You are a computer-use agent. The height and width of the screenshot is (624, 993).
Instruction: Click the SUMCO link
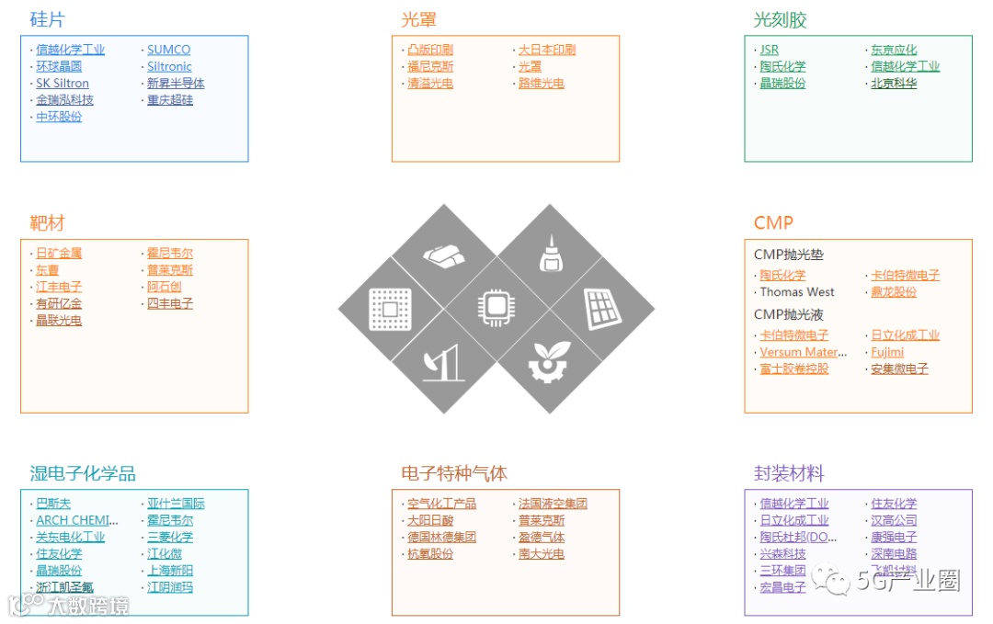168,50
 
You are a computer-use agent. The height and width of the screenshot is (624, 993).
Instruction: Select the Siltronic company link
169,66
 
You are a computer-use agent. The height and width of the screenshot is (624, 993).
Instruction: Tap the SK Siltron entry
63,83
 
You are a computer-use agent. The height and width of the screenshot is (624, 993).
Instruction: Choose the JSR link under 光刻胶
769,50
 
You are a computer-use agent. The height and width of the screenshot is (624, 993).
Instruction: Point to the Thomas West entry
796,291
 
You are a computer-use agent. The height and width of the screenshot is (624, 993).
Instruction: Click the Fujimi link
887,352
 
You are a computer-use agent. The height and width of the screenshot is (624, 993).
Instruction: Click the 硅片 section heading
47,19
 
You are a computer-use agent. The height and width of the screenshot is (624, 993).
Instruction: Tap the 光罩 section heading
418,19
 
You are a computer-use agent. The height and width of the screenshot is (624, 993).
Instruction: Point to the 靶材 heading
47,223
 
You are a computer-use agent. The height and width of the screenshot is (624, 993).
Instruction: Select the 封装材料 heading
789,473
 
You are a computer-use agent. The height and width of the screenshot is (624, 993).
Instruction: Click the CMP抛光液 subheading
782,314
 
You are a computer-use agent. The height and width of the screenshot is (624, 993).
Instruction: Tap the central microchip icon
496,308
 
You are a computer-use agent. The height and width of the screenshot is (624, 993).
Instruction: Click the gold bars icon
444,256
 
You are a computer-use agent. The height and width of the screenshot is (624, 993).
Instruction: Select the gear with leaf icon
549,361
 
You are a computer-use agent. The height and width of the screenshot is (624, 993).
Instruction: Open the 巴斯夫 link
52,504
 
